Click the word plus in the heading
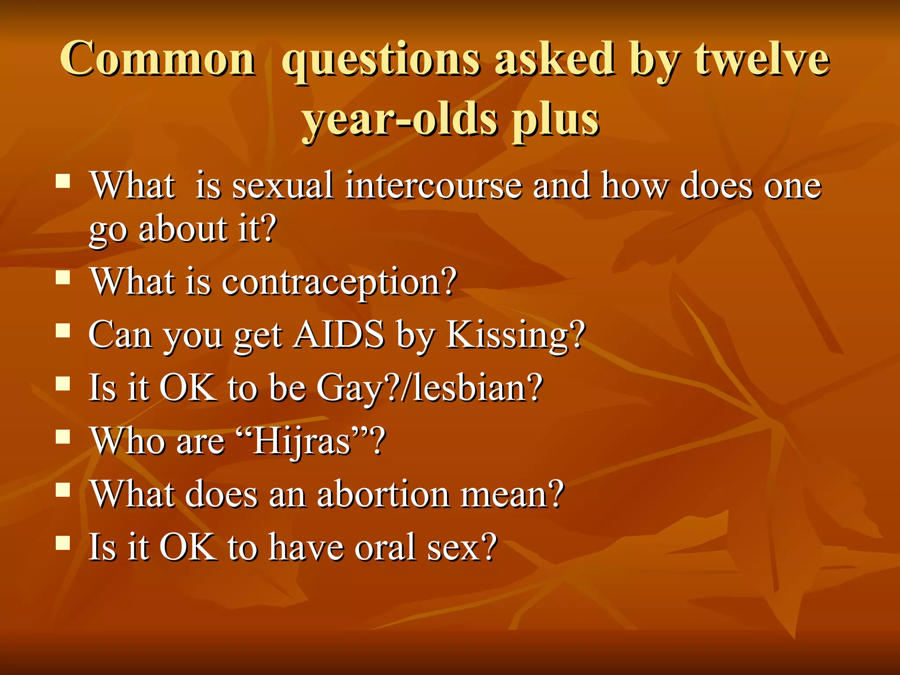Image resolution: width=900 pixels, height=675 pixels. point(555,120)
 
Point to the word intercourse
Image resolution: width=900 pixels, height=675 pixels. point(434,186)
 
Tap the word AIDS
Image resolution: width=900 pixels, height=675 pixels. point(339,335)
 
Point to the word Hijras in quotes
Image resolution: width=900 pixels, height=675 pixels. point(302,441)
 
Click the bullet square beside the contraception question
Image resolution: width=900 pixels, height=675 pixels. point(63,278)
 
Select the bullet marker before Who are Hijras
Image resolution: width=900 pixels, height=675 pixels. point(63,437)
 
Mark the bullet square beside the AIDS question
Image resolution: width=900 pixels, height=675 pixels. point(63,330)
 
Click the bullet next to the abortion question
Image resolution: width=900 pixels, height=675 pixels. point(63,490)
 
